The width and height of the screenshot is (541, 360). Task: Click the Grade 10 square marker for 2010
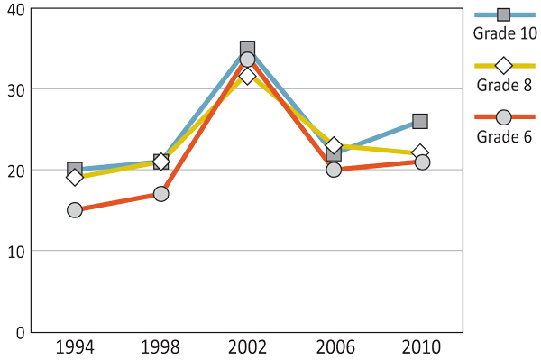(420, 121)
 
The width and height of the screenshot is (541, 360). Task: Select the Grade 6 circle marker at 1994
(75, 210)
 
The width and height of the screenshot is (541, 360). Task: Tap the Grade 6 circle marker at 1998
(160, 194)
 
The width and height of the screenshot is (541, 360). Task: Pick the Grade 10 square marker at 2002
(247, 49)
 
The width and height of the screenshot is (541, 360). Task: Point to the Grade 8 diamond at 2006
(334, 146)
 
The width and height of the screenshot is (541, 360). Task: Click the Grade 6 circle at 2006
(334, 169)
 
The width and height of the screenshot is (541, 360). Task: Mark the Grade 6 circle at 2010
(420, 162)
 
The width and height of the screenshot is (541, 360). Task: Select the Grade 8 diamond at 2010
(420, 152)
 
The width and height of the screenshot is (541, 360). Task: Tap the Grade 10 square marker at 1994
(75, 169)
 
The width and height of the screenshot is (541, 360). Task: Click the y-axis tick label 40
(16, 9)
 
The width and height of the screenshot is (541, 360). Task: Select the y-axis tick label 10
(16, 251)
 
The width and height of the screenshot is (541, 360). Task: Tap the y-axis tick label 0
(20, 331)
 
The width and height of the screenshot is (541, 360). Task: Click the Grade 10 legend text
(505, 34)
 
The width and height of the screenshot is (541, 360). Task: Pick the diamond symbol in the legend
(504, 65)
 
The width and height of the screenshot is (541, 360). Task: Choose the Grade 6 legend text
(504, 137)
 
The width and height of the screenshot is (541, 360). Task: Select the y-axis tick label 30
(16, 89)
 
